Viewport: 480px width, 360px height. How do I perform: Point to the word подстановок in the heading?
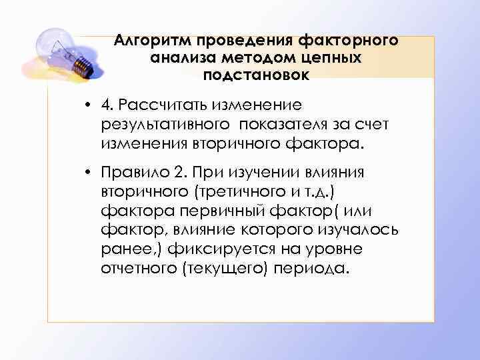click(x=257, y=75)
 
